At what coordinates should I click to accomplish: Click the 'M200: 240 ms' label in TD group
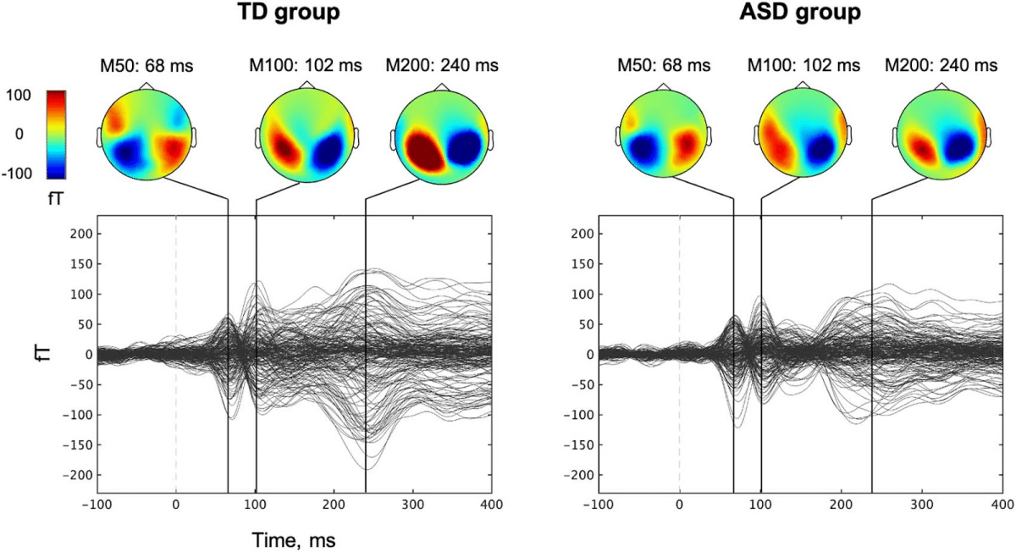point(441,65)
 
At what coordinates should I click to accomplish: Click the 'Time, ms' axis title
point(293,538)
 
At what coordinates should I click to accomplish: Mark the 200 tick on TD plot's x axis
point(334,504)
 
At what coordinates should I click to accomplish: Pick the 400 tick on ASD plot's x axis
point(1002,504)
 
